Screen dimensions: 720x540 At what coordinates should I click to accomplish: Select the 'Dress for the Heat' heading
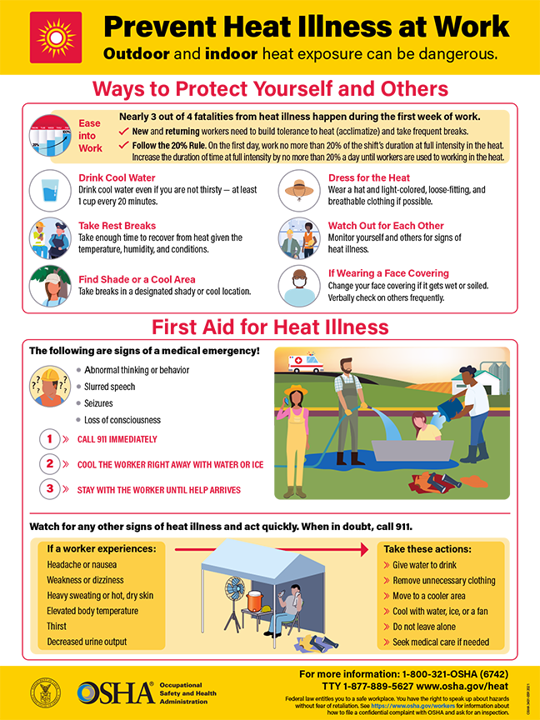point(368,177)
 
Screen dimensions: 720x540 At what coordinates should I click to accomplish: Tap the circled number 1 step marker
point(51,439)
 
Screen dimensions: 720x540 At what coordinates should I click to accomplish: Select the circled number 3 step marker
point(51,489)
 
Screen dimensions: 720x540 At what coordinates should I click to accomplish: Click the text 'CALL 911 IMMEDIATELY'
point(117,439)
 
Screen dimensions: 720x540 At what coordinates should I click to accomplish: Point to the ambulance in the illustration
point(304,363)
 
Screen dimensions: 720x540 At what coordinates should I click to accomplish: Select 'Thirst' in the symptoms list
point(57,626)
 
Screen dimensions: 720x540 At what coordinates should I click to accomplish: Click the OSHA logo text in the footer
point(115,692)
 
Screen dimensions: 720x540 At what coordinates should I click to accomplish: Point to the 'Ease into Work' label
point(90,136)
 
